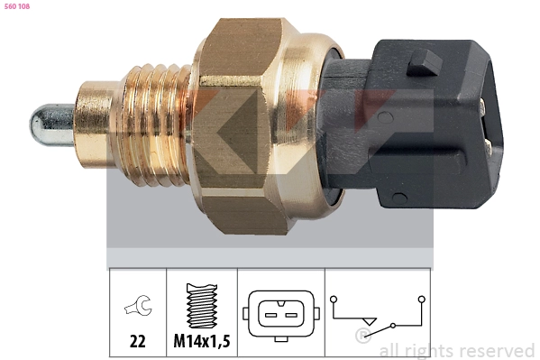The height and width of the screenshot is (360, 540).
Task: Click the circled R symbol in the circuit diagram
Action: pos(362,337)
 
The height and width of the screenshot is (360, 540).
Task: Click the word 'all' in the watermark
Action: pos(390,350)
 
